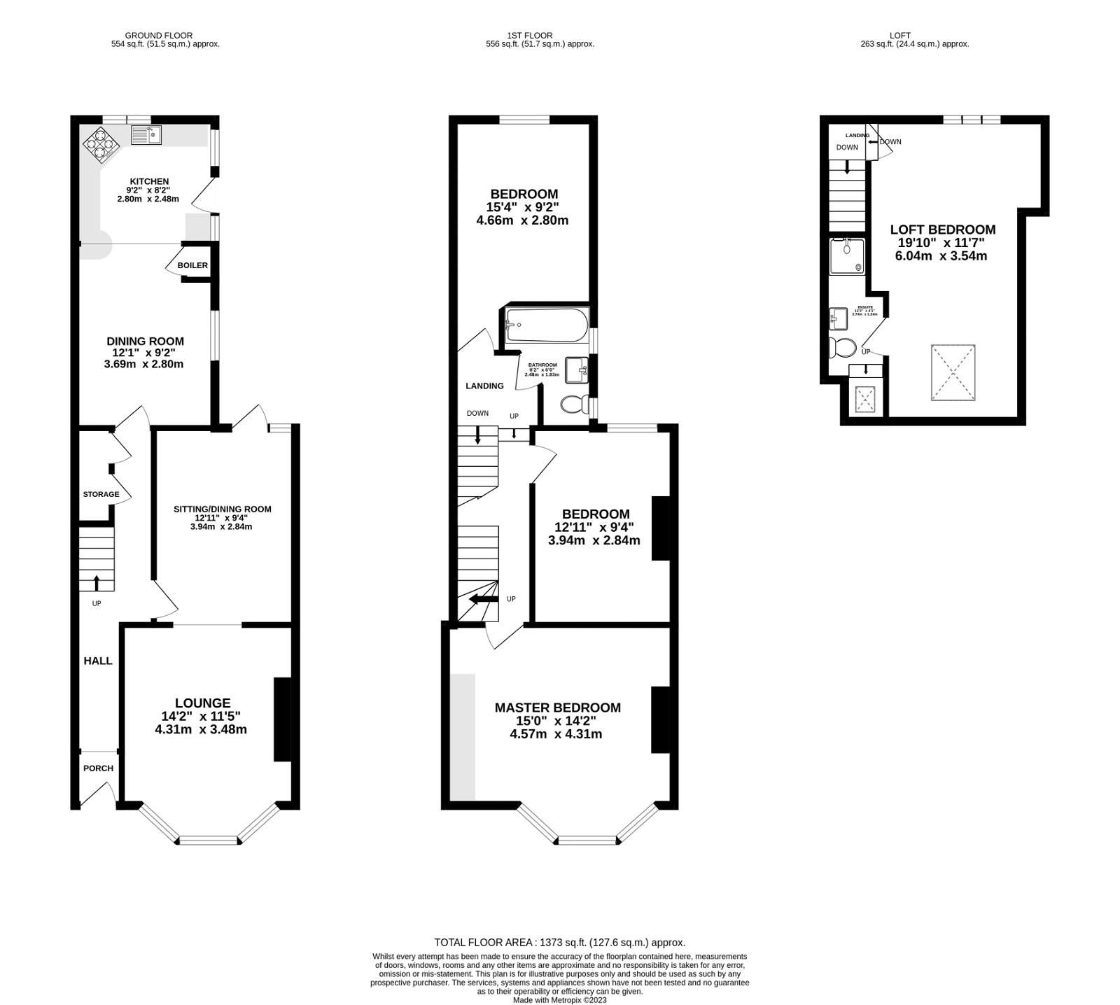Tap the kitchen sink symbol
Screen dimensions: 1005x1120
(146, 135)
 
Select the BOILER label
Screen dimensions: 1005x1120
(192, 266)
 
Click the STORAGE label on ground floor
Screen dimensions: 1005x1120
(101, 494)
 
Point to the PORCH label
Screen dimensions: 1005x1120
(98, 768)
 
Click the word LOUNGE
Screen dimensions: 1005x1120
(202, 703)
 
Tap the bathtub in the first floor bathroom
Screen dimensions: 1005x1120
(547, 325)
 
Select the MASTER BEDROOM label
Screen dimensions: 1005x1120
(557, 708)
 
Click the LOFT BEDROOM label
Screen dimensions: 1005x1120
(942, 230)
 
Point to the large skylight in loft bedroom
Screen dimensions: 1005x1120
(953, 372)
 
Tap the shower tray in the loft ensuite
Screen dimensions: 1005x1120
(847, 256)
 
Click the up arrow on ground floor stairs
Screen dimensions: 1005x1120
(96, 582)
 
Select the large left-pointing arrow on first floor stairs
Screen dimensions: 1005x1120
(482, 599)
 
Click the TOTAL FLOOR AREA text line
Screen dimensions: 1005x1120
(559, 943)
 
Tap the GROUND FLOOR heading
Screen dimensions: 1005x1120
(158, 35)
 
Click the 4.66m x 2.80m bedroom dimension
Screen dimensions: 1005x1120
(521, 220)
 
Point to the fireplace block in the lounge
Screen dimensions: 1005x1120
(282, 719)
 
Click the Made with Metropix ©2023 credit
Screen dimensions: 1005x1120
(559, 1000)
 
